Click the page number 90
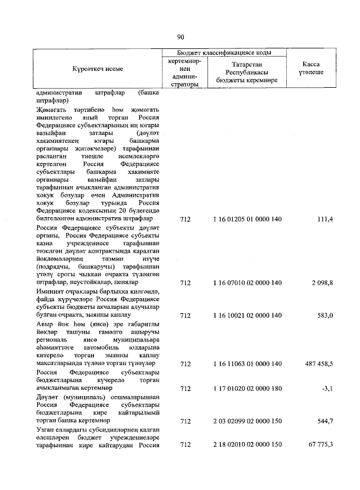(181, 37)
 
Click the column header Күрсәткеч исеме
(97, 69)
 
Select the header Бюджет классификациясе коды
(224, 52)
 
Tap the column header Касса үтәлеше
(311, 69)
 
